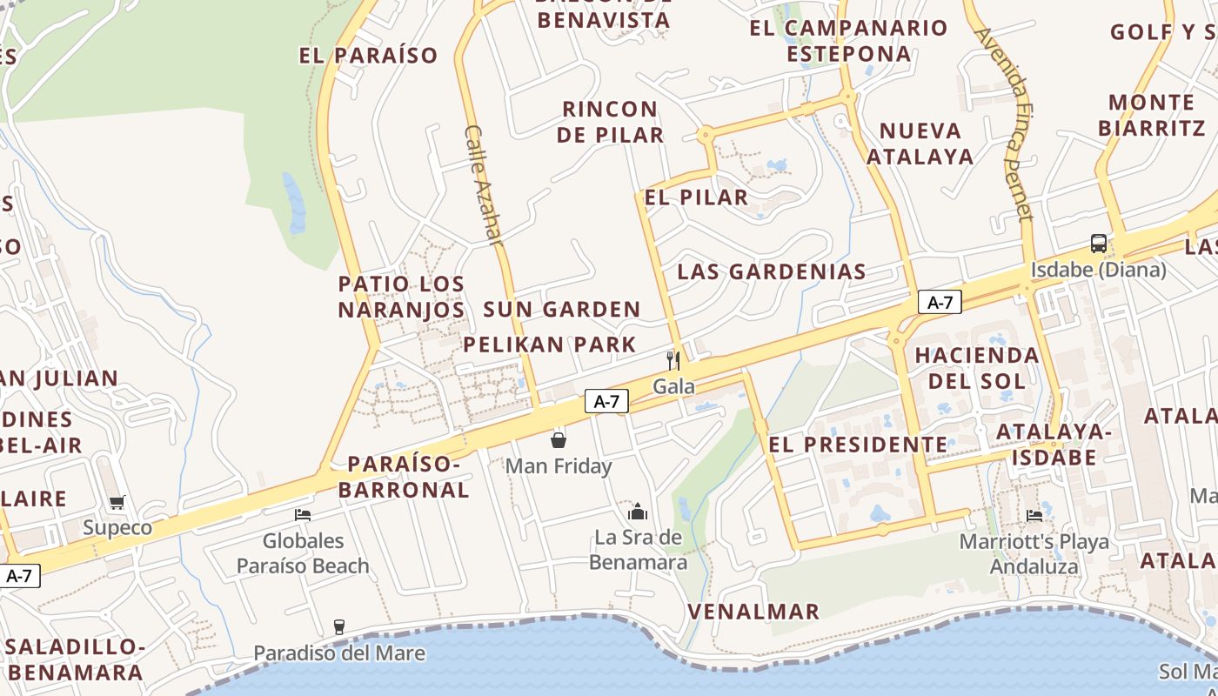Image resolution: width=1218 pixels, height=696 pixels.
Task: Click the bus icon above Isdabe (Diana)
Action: click(1098, 244)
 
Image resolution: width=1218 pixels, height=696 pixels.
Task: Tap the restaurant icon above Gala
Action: click(673, 360)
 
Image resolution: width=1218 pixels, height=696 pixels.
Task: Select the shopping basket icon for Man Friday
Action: click(559, 440)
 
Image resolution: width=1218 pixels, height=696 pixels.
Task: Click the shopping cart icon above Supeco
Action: click(117, 502)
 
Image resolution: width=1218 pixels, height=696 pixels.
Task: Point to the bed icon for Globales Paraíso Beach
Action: click(303, 515)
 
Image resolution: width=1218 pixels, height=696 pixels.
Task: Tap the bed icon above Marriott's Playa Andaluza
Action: click(1034, 516)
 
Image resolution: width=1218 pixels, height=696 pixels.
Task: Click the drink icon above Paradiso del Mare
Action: click(339, 627)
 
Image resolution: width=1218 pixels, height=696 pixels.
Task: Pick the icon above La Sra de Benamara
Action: click(638, 512)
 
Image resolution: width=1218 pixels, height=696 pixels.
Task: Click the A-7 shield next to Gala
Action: click(606, 401)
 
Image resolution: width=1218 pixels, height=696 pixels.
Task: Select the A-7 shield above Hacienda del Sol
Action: click(940, 303)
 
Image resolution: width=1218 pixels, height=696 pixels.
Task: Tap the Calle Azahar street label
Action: click(484, 184)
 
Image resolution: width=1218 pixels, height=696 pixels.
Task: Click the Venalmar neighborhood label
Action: click(753, 612)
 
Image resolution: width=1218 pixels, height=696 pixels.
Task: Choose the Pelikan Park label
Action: click(550, 345)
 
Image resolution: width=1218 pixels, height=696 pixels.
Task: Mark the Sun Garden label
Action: click(561, 310)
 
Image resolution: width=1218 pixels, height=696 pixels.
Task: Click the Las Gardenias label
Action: click(772, 271)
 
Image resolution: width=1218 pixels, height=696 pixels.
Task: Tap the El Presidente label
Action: click(859, 445)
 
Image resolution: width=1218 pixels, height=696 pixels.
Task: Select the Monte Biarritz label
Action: click(1151, 115)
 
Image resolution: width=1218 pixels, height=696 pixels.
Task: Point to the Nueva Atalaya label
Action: click(920, 144)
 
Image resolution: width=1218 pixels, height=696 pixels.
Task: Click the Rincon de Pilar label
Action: click(610, 122)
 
